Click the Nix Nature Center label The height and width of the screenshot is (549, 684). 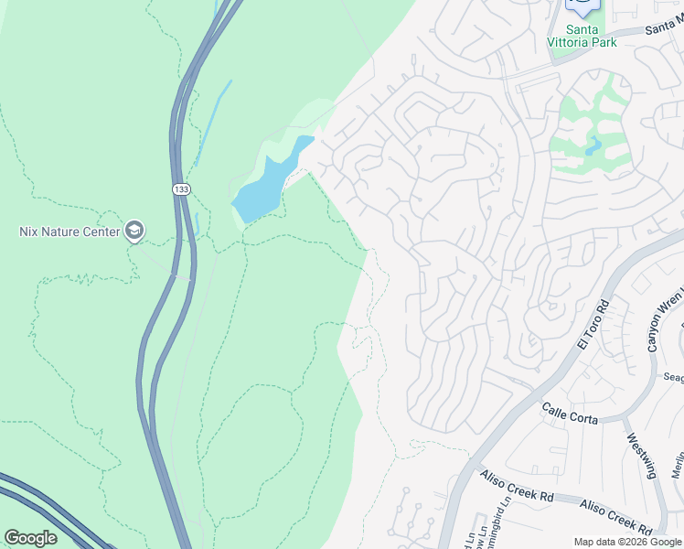click(x=69, y=231)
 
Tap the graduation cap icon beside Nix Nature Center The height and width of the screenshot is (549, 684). click(x=134, y=231)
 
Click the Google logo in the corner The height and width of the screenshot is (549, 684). click(x=30, y=538)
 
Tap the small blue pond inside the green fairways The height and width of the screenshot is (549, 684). click(x=595, y=144)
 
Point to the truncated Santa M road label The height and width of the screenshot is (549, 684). click(x=664, y=29)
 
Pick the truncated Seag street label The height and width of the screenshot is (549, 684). click(x=673, y=377)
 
